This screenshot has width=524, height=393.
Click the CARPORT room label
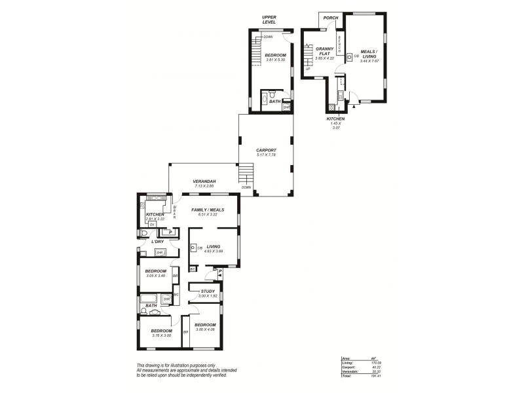point(266,149)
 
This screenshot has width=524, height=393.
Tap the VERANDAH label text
point(204,181)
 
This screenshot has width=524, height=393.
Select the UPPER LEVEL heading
point(269,20)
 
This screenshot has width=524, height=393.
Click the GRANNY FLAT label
point(325,51)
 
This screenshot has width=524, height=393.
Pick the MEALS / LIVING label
point(369,54)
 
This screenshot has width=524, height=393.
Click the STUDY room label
point(208,291)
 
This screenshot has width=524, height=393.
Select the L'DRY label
point(157,242)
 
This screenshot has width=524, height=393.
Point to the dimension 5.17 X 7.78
point(266,155)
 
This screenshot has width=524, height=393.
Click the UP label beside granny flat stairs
point(307,69)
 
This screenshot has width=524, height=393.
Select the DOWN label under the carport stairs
point(246,187)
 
